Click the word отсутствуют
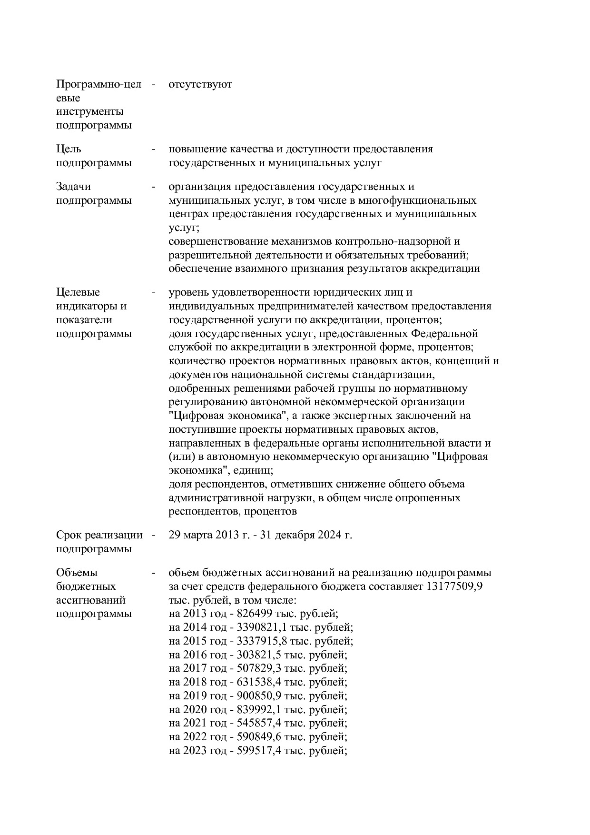200,85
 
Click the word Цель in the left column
69,149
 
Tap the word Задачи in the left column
73,187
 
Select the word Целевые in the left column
78,292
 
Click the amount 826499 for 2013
254,614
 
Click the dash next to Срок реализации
154,535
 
